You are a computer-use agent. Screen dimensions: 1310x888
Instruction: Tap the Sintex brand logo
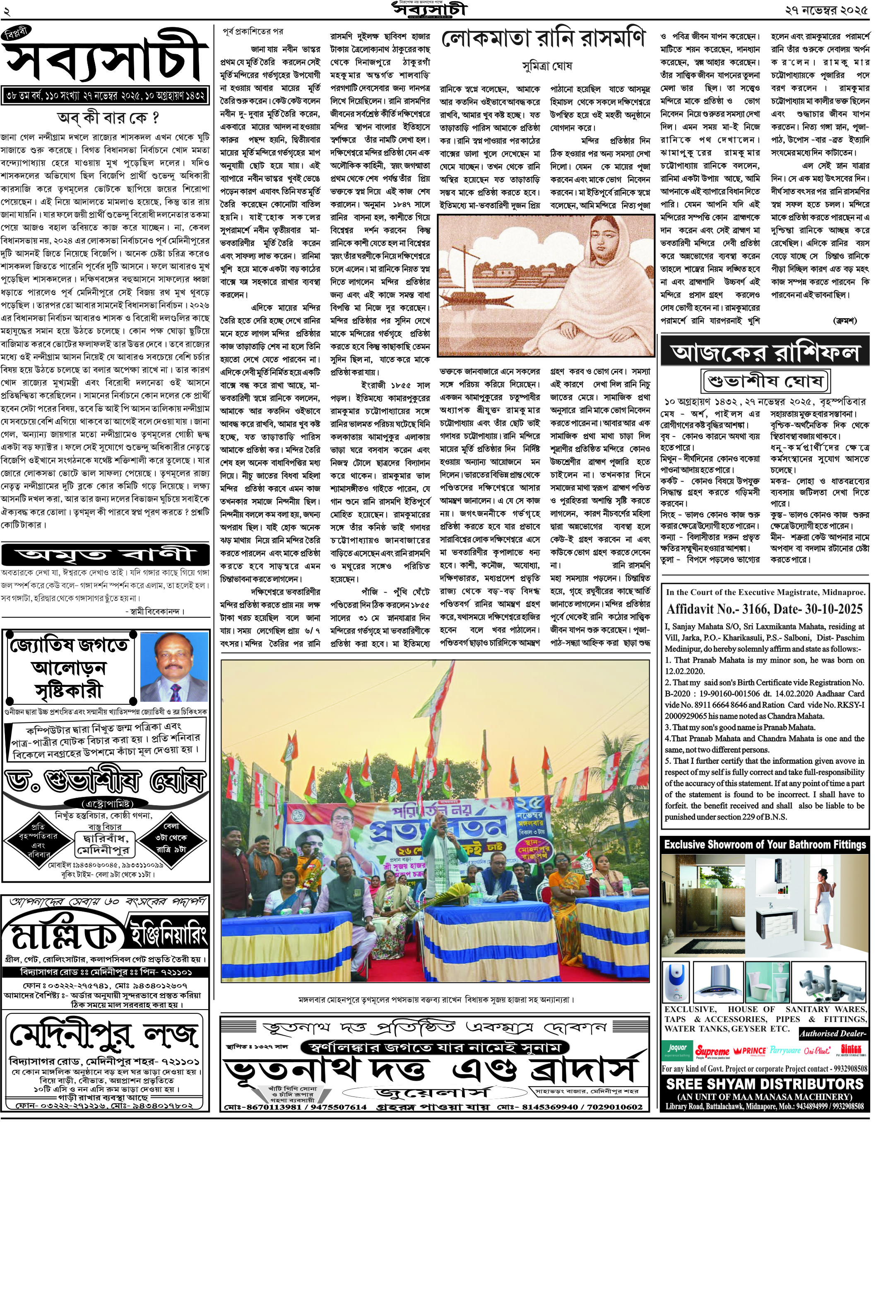tap(851, 1050)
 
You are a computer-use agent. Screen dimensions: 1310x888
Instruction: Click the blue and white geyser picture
tap(676, 982)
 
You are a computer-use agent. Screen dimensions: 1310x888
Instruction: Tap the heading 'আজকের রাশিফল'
tap(765, 352)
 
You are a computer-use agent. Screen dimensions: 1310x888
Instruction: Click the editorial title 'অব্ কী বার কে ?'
tap(108, 118)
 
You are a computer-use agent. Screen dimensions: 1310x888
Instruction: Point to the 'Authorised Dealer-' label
tap(833, 1033)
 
